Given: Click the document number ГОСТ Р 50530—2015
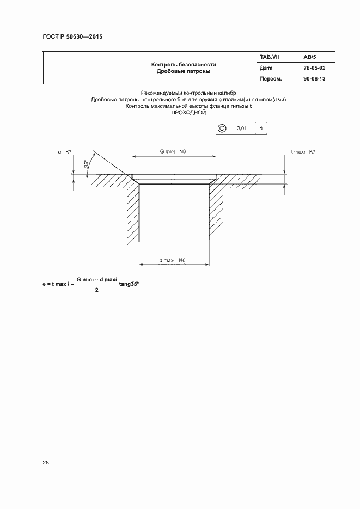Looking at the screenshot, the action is (x=72, y=36).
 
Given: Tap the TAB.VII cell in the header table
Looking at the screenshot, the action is (x=270, y=57).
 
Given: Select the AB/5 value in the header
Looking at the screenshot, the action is (x=310, y=57).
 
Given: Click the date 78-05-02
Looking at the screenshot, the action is (x=314, y=68).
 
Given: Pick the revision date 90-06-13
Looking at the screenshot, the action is (x=314, y=78).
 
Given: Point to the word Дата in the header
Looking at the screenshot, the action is (x=266, y=68).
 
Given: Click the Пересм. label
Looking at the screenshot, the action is (x=271, y=78).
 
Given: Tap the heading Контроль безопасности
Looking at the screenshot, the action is (x=184, y=65).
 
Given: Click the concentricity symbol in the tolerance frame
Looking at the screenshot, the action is (x=222, y=128).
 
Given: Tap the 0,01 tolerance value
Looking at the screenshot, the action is (x=241, y=128).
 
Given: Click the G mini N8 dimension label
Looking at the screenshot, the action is (x=173, y=151).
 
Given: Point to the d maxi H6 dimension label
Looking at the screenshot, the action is (x=172, y=260).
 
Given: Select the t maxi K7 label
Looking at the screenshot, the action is (x=303, y=151).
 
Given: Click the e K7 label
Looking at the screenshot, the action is (x=65, y=151).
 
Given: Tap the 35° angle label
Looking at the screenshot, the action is (x=87, y=164).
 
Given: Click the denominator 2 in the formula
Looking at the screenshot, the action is (x=97, y=290).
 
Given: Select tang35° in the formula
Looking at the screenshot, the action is (x=129, y=284).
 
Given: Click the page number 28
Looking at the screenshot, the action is (x=45, y=463).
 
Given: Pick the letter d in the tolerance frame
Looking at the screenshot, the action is (x=261, y=128).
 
